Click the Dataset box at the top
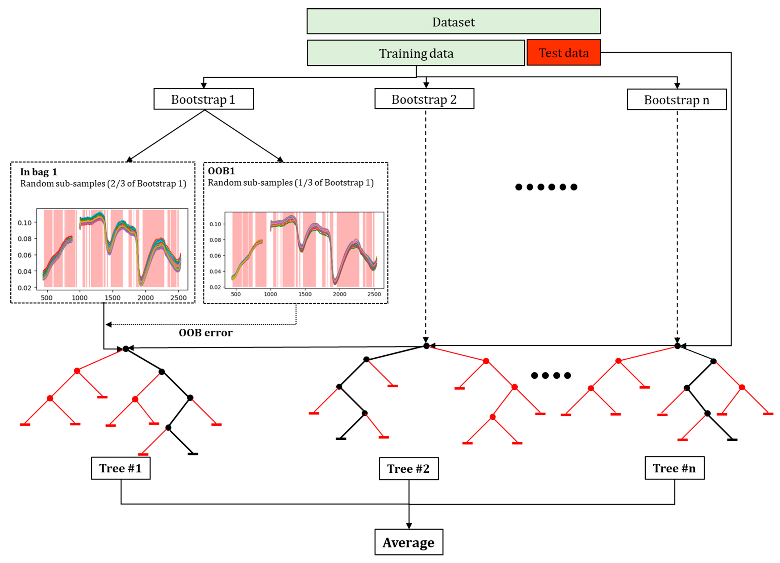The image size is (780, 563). point(453,22)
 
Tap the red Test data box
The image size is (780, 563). point(563,53)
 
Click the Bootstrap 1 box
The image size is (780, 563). point(203,99)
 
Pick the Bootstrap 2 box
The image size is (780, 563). point(424,99)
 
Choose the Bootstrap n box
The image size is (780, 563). point(677,100)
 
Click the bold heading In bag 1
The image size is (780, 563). point(38,172)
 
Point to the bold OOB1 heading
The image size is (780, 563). point(221,171)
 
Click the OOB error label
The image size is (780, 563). point(206,333)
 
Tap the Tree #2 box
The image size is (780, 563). point(409,469)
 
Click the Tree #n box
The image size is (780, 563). point(674,468)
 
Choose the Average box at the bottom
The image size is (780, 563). point(409,542)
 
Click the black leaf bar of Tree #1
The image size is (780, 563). point(193,454)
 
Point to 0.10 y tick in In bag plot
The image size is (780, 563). point(25,223)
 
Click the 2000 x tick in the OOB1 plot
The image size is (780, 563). point(339,294)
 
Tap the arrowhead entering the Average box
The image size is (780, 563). point(409,526)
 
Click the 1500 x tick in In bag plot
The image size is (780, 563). point(112,298)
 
